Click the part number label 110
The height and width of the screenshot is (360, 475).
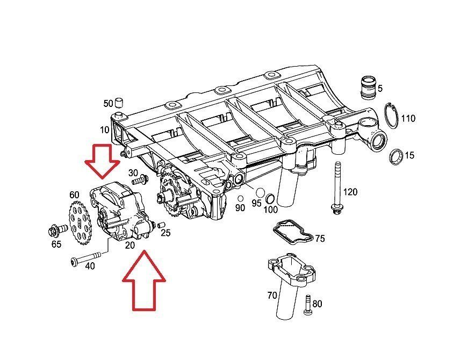click(x=408, y=119)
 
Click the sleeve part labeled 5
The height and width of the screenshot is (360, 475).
click(x=366, y=88)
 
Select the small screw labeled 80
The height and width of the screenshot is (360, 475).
click(x=307, y=304)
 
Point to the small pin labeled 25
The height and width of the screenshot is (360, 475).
click(x=161, y=224)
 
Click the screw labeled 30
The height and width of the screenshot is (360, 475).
click(x=143, y=178)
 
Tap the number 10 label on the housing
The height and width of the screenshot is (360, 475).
click(x=104, y=130)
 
